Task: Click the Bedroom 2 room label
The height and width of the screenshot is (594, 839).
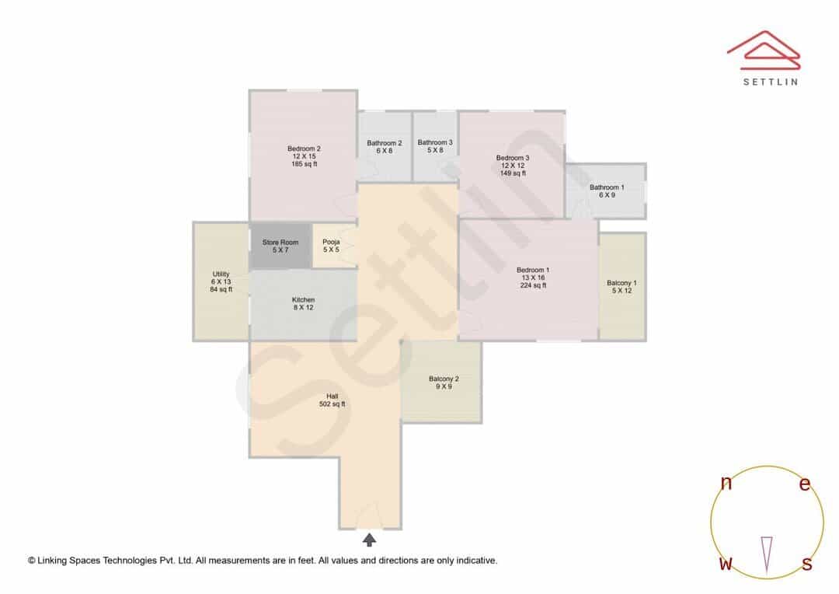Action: [304, 156]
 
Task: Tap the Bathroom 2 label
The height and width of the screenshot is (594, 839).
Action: [385, 147]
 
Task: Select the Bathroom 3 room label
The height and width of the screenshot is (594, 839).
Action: [435, 146]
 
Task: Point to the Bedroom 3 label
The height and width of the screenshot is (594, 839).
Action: [513, 166]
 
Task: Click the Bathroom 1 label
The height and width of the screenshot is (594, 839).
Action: [607, 191]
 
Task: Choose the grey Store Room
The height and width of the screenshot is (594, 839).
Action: [280, 246]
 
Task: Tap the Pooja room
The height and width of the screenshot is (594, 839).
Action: [334, 246]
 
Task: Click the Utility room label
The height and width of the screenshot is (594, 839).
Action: [221, 281]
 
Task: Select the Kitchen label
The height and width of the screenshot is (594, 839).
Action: [304, 304]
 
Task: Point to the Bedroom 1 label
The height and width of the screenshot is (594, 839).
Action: [533, 278]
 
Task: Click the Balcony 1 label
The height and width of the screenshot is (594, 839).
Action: [621, 287]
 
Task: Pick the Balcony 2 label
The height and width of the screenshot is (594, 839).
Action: [444, 383]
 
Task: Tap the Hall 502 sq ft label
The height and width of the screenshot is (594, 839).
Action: [332, 400]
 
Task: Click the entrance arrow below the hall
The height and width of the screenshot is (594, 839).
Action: [369, 540]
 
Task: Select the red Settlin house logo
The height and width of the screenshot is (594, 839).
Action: [764, 50]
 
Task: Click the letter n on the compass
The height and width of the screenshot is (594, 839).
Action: [726, 483]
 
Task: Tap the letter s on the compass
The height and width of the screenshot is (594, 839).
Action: [807, 564]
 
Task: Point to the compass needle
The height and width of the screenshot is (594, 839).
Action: [767, 555]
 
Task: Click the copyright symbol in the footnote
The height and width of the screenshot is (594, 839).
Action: [32, 561]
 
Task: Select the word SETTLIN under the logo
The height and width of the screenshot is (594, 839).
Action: [771, 82]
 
